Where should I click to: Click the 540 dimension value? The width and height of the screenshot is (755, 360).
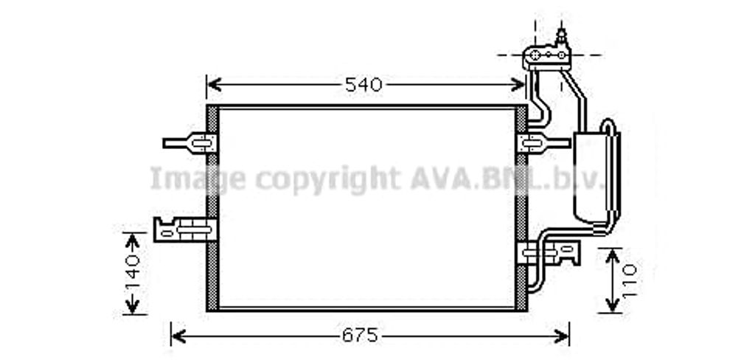click(x=363, y=85)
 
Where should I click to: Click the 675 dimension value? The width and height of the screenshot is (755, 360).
click(x=359, y=336)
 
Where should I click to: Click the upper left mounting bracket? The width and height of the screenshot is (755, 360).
click(x=193, y=142)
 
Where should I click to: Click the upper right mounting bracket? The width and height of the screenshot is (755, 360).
click(x=536, y=142)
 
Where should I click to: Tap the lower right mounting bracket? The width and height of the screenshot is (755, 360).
click(x=552, y=254)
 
